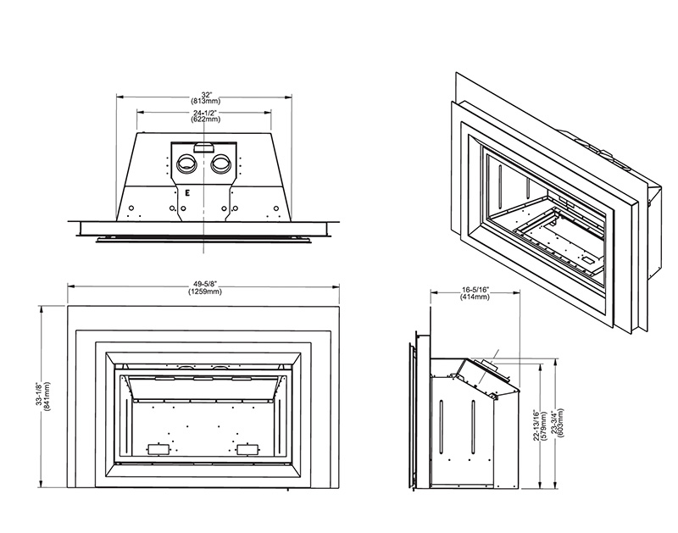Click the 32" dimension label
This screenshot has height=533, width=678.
(204, 94)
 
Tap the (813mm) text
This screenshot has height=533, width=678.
(204, 102)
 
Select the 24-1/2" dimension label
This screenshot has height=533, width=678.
(204, 113)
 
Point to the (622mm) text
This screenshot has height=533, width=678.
(204, 120)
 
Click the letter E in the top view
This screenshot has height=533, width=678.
(186, 192)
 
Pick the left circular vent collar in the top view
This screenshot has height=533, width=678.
(185, 163)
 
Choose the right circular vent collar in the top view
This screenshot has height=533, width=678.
(222, 163)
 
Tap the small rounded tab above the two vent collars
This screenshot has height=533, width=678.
(204, 148)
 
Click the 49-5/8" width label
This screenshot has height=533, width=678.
(204, 285)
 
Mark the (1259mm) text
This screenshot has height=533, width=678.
(204, 292)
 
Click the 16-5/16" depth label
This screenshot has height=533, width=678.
(475, 289)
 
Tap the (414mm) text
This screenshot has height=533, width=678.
(475, 297)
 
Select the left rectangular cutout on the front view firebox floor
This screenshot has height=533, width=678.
(155, 447)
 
